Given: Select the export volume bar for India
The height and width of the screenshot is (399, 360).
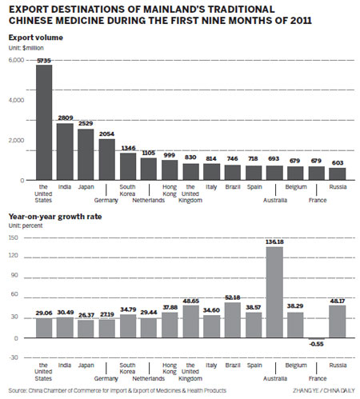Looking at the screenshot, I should pos(66,152).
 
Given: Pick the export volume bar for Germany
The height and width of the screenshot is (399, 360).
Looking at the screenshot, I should pos(107,159).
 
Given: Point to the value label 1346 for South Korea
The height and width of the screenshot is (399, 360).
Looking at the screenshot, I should pos(128,147).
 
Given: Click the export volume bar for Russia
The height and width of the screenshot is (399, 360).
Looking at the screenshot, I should pos(338,174).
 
